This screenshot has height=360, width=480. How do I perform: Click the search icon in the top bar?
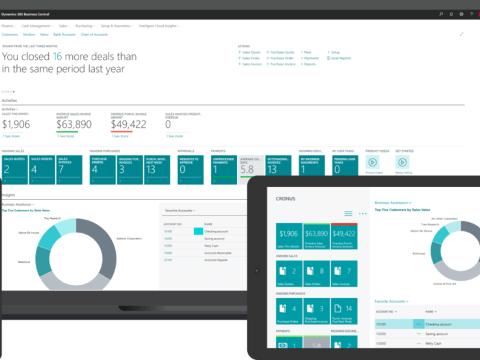point(441,13)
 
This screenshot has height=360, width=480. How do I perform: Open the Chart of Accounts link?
point(94,34)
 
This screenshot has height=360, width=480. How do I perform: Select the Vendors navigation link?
point(29,34)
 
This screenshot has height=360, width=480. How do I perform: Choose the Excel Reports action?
point(340,58)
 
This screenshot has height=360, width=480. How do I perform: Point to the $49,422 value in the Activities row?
point(128,124)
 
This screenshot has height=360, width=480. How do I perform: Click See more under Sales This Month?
point(11,136)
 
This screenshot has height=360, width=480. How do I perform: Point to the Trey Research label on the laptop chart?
point(52,218)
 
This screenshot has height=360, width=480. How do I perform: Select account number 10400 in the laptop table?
point(168,252)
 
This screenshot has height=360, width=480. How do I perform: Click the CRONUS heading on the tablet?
point(286,199)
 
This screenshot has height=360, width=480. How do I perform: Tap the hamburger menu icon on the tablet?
point(348,213)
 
